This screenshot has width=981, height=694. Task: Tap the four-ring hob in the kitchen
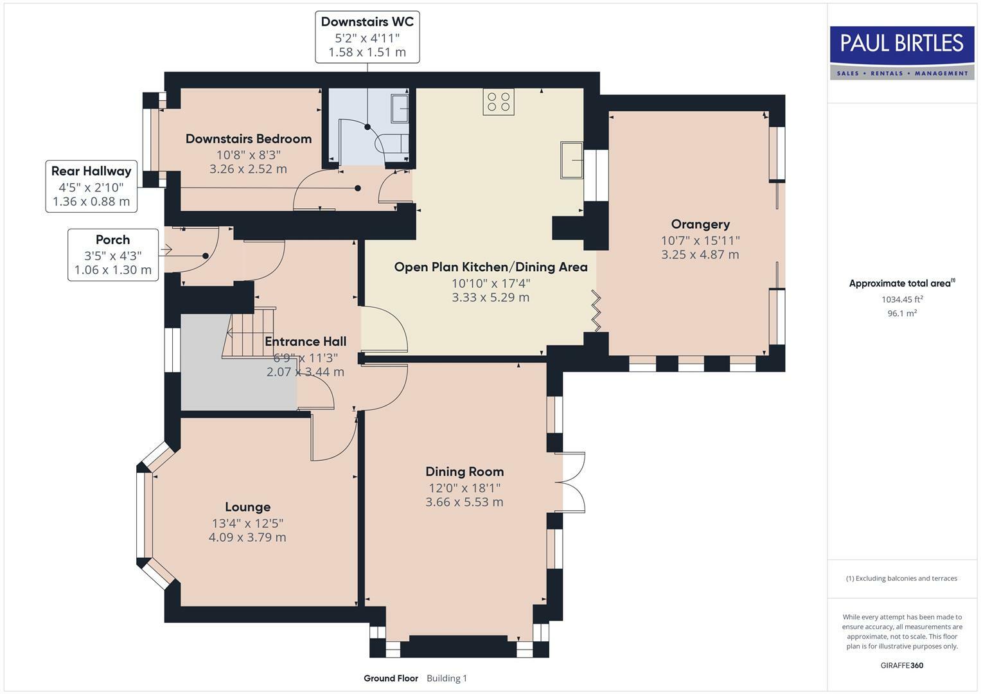click(x=499, y=102)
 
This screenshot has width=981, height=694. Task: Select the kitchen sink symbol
click(x=571, y=159)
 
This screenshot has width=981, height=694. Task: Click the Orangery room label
click(x=700, y=224)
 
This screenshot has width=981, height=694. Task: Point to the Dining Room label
click(x=464, y=472)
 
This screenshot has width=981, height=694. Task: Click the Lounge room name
click(x=247, y=507)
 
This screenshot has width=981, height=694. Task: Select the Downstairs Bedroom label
click(x=249, y=139)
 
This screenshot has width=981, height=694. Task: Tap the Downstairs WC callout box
click(x=367, y=37)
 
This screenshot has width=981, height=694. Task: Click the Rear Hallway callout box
click(x=91, y=186)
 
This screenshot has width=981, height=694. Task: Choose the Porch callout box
click(x=113, y=254)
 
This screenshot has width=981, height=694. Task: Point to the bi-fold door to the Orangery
click(x=597, y=311)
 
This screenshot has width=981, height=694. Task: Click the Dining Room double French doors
click(x=573, y=482)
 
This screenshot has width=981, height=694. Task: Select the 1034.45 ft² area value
click(x=902, y=299)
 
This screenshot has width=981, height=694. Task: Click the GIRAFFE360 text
click(x=902, y=665)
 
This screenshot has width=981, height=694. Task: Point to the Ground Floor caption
click(x=391, y=678)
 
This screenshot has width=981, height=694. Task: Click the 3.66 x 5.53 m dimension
click(x=464, y=502)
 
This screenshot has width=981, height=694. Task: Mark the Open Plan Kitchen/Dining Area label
click(x=491, y=267)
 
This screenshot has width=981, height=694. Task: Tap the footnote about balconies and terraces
click(x=902, y=578)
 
